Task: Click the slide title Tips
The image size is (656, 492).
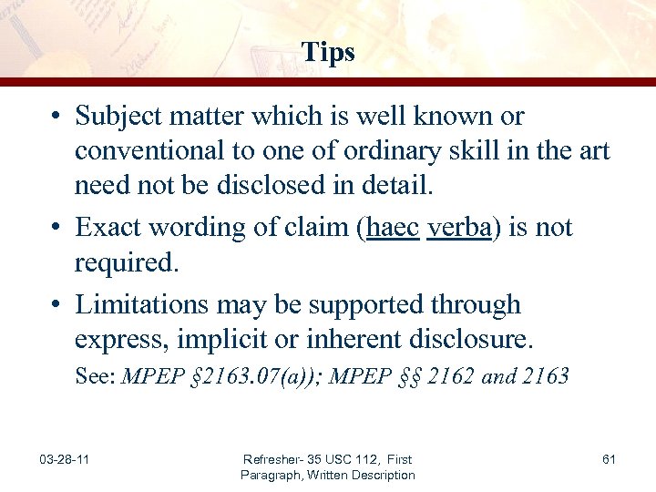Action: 328,53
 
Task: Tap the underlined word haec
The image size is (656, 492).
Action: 392,226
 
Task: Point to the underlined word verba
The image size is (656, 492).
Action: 458,226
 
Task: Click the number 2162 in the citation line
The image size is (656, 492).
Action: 441,376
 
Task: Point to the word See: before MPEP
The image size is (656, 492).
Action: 96,376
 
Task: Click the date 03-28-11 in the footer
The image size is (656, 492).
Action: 65,459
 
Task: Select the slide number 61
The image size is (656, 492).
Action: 609,459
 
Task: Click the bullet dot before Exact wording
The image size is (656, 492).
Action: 56,226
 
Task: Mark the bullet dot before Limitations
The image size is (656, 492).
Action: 56,304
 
